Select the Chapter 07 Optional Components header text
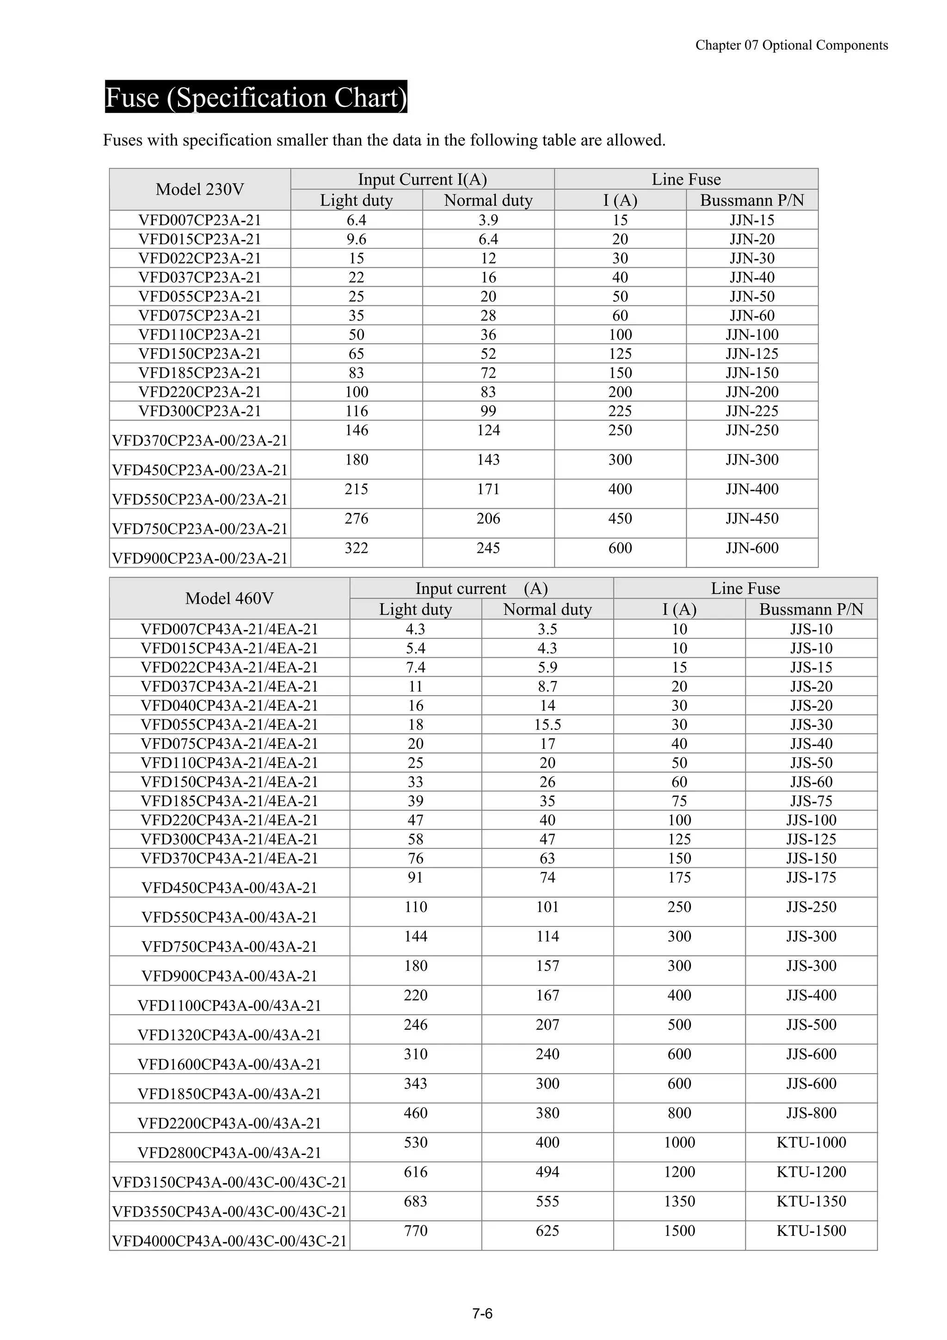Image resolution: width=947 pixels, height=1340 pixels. point(791,45)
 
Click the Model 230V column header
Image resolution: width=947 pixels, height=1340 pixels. point(200,190)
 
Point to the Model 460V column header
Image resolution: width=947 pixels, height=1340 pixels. point(229,598)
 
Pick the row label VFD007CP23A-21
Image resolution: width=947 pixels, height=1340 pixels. point(200,220)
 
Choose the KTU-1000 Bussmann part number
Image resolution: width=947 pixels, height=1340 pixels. point(811,1142)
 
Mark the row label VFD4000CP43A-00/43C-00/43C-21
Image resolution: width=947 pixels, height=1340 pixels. point(229,1241)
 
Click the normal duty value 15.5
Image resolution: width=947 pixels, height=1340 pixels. point(547,724)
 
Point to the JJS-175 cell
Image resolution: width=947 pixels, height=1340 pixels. point(811,877)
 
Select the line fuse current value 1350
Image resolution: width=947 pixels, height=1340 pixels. point(679,1201)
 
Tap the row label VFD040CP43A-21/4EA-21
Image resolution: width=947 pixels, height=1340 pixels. point(229,705)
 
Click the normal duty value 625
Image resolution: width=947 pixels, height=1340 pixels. point(547,1230)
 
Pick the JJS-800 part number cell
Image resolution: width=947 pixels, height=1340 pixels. point(811,1113)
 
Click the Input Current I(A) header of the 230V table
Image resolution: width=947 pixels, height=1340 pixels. point(423,179)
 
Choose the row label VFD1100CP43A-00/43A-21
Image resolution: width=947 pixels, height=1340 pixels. point(229,1006)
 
